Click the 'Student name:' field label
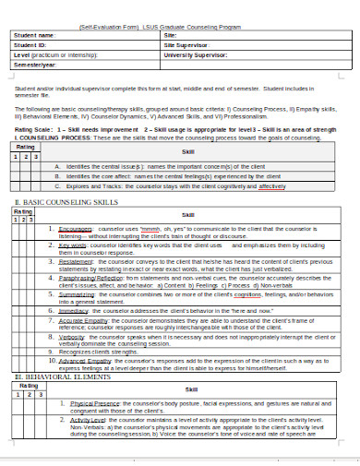click(34, 35)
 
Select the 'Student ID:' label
click(30, 44)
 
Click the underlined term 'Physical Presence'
click(90, 430)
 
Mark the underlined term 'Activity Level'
click(84, 446)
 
